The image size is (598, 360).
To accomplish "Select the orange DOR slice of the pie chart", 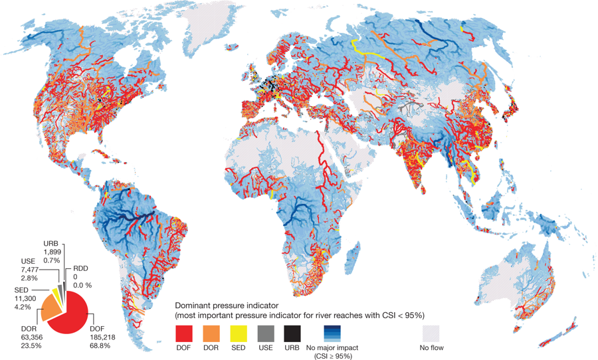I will (x=51, y=308).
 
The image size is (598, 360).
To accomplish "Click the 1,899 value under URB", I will (x=53, y=252).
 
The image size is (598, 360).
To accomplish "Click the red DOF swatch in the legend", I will (x=185, y=332).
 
